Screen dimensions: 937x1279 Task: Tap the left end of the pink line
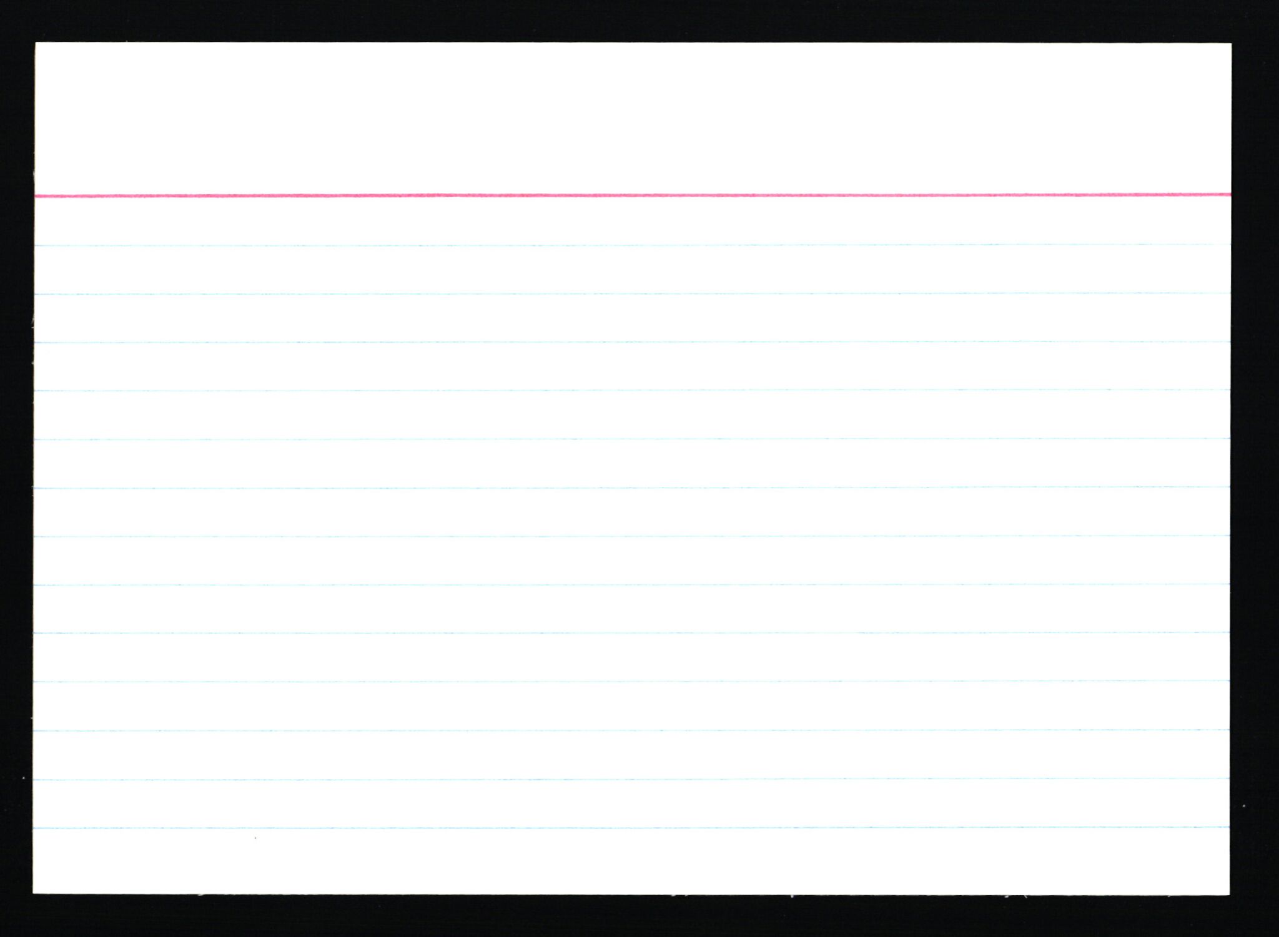click(36, 197)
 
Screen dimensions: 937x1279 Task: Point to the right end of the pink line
click(1230, 195)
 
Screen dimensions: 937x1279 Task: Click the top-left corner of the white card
click(36, 44)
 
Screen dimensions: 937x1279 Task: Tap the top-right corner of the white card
click(1231, 44)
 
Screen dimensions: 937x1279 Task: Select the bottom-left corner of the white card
click(34, 893)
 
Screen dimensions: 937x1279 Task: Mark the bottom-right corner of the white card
click(1229, 894)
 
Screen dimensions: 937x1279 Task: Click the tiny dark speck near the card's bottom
click(255, 838)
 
